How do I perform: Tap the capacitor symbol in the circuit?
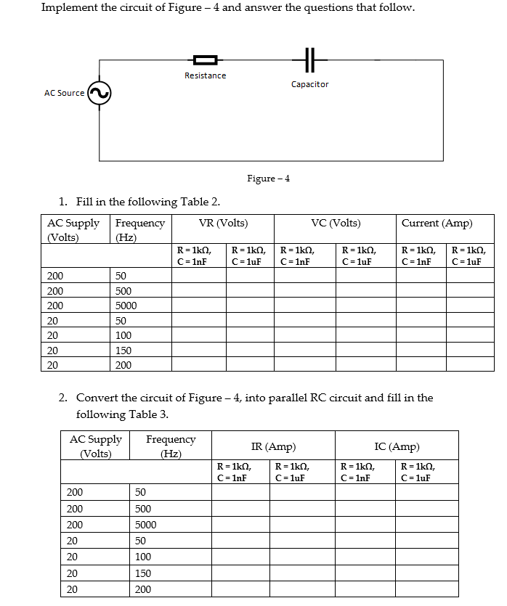[309, 60]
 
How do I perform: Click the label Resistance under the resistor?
[205, 75]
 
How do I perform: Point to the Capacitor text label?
[309, 84]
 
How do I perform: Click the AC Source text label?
[64, 93]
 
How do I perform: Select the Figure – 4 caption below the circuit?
[268, 179]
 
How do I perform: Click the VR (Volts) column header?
[223, 223]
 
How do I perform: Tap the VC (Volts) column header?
[336, 223]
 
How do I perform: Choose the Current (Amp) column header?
[437, 223]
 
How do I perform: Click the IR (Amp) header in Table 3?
[273, 447]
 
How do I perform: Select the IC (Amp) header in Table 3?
[397, 447]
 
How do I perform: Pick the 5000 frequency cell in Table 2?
[126, 306]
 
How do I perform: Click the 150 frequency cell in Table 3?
[143, 573]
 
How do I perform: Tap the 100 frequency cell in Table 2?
[123, 335]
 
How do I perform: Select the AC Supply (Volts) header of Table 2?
[73, 230]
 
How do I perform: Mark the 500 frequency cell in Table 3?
[143, 509]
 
